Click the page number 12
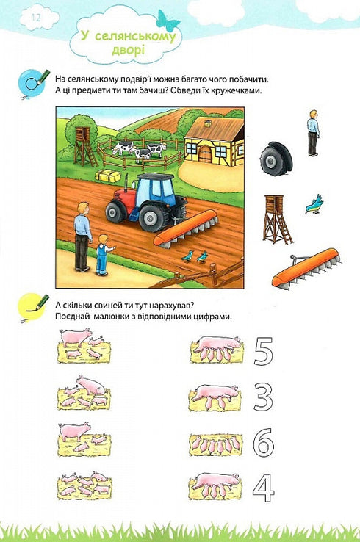point(35,15)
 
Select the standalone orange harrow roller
point(306,267)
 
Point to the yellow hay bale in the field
point(108,176)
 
